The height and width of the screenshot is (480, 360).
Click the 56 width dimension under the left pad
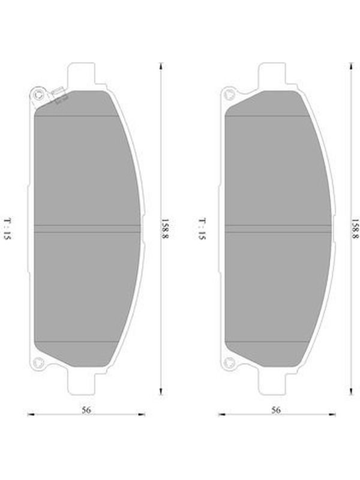tap(86, 410)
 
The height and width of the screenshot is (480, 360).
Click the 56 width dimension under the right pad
tap(276, 410)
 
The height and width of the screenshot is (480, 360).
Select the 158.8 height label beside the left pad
tap(166, 228)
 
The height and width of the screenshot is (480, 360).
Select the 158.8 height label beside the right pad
tap(355, 229)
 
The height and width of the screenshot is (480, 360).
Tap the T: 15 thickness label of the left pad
tap(7, 229)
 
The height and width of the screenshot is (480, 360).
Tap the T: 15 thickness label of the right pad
tap(202, 229)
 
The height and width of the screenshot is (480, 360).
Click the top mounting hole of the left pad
tap(38, 95)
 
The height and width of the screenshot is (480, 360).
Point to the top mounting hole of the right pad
tap(229, 94)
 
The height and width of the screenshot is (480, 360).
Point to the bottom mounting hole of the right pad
tap(229, 363)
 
